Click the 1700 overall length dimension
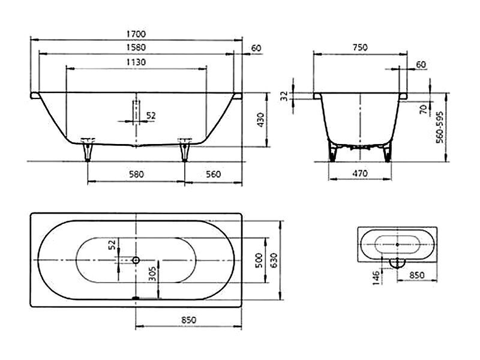click(x=136, y=34)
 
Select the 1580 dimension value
click(x=136, y=47)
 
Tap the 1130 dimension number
click(x=136, y=62)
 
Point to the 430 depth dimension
click(x=260, y=120)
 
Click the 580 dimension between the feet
click(x=136, y=174)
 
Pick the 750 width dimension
click(x=360, y=47)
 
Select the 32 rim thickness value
click(x=284, y=96)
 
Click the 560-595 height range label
click(x=440, y=127)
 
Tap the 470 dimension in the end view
click(x=359, y=173)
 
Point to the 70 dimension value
click(x=424, y=109)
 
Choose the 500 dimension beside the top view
click(x=260, y=260)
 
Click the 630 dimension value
click(x=274, y=260)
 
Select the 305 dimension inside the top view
click(x=152, y=274)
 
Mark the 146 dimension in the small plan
click(x=376, y=278)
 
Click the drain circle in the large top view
click(x=136, y=260)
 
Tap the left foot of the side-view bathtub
click(x=88, y=149)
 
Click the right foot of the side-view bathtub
click(x=185, y=149)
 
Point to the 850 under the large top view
click(x=188, y=320)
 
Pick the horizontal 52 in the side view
click(x=151, y=116)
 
